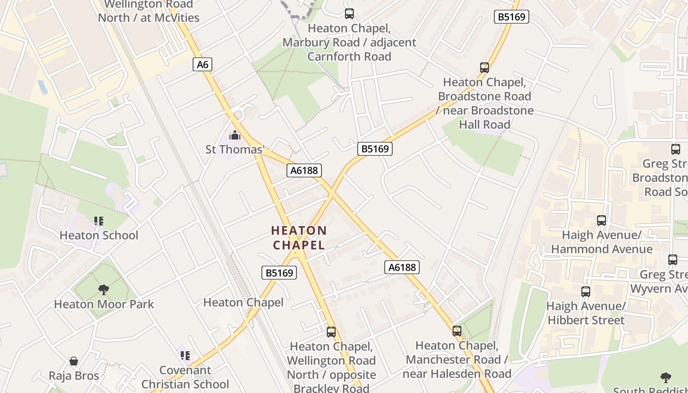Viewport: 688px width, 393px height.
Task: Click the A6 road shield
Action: tap(202, 64)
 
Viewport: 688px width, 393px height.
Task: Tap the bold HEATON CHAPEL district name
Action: tap(299, 238)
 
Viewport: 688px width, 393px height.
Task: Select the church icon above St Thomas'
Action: tap(235, 135)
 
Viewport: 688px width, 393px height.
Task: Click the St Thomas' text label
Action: tap(235, 149)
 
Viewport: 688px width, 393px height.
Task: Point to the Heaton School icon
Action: tap(99, 221)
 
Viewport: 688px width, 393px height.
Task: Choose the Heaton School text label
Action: tap(99, 235)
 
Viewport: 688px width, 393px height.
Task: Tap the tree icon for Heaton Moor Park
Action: tap(103, 290)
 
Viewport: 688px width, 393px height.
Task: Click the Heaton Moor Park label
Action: tap(104, 304)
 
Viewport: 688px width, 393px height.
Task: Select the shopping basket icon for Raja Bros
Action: tap(74, 362)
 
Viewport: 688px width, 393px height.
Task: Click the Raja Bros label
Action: tap(74, 376)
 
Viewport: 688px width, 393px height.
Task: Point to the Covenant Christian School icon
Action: tap(185, 355)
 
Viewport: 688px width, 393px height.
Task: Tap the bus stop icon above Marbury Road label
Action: tap(349, 14)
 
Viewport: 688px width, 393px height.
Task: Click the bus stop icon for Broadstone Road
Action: tap(485, 67)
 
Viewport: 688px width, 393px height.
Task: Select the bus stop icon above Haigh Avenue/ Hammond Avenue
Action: tap(602, 221)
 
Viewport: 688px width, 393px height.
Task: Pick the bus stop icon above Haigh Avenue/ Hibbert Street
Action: tap(586, 292)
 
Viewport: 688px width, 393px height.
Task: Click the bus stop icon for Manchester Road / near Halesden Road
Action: tap(457, 331)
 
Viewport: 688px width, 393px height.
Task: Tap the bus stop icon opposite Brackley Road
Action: tap(331, 332)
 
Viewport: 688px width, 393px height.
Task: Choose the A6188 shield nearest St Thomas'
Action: tap(304, 170)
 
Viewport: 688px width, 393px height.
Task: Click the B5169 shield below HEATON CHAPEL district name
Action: tap(279, 273)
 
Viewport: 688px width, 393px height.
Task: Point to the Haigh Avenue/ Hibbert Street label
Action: tap(586, 313)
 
